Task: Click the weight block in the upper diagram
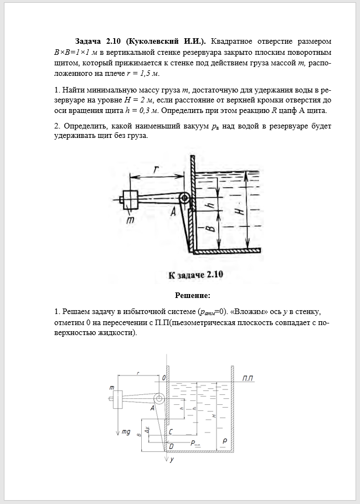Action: click(x=130, y=198)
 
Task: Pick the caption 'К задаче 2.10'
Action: click(x=195, y=274)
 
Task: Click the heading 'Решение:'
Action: click(x=192, y=295)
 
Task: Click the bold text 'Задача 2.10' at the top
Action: click(x=99, y=42)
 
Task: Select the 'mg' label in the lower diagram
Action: click(x=126, y=431)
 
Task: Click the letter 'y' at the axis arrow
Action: click(x=172, y=459)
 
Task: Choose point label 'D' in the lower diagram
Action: click(x=171, y=445)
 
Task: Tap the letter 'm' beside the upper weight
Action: click(x=130, y=220)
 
